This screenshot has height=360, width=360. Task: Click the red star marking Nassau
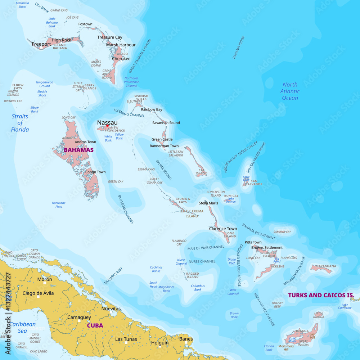[107, 126]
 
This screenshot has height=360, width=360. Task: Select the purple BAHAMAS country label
[78, 150]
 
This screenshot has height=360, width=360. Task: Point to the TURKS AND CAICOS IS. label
[321, 295]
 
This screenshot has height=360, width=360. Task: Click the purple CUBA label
[95, 325]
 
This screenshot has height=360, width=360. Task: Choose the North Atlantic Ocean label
[290, 91]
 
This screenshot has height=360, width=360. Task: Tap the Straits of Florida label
[20, 123]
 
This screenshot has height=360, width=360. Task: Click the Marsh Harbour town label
[121, 45]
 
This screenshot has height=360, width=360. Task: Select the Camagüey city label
[79, 317]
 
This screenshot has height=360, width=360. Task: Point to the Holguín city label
[159, 343]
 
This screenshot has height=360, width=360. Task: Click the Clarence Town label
[223, 229]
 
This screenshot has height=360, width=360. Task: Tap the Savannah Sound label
[166, 123]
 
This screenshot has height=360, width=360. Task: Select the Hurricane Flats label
[59, 205]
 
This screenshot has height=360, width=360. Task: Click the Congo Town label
[95, 172]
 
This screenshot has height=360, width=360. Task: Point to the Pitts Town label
[253, 242]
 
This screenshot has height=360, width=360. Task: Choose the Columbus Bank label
[198, 288]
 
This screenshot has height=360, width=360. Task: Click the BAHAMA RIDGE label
[238, 47]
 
